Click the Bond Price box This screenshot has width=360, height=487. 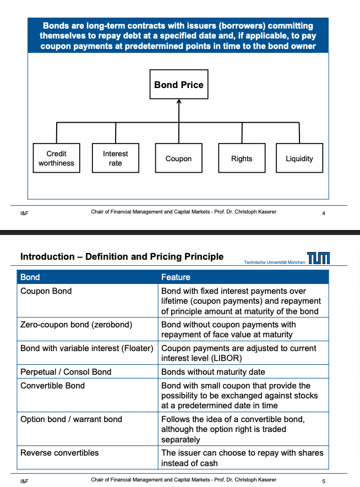(178, 85)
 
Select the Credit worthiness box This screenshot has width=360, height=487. (56, 158)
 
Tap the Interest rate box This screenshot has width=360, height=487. (115, 158)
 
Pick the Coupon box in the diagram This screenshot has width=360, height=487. (178, 158)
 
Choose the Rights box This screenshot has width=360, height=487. (242, 158)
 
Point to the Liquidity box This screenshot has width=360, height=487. (299, 158)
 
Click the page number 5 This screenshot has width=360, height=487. (324, 481)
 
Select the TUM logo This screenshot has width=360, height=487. (319, 258)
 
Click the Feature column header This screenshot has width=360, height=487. (176, 277)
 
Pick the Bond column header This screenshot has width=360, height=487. (30, 277)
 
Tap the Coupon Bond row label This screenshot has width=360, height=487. (46, 291)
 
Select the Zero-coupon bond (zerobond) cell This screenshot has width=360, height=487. (76, 325)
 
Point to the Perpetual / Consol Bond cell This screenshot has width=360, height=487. (66, 372)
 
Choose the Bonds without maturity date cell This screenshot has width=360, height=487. (213, 372)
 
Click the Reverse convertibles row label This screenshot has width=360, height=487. (59, 453)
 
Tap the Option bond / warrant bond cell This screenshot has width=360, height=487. (71, 419)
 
